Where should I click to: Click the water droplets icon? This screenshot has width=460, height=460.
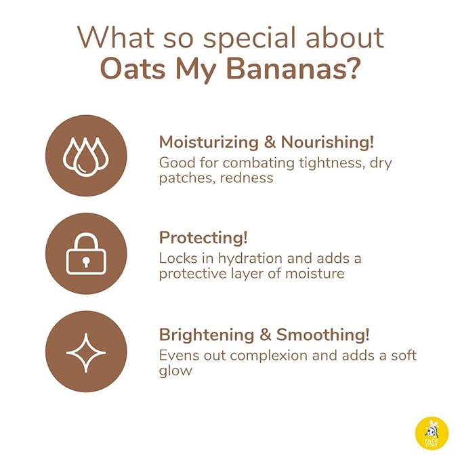coord(86,156)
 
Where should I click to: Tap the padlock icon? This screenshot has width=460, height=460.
coord(86,254)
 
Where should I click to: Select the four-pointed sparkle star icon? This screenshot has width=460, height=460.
coord(86,352)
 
